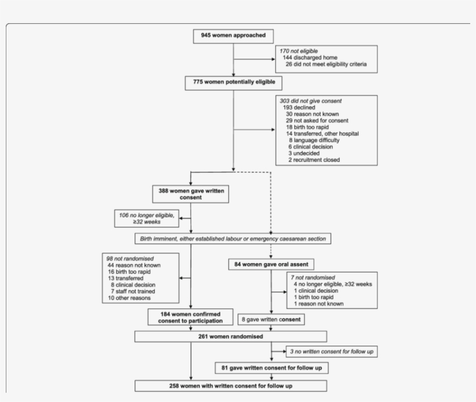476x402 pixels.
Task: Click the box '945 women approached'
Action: tap(233, 35)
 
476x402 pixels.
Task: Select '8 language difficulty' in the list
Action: tap(313, 140)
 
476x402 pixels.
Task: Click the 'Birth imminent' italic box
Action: tap(233, 238)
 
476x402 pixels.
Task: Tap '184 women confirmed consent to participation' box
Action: tap(190, 316)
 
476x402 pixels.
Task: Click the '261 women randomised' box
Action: tap(230, 336)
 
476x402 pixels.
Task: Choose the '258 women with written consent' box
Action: tap(230, 385)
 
